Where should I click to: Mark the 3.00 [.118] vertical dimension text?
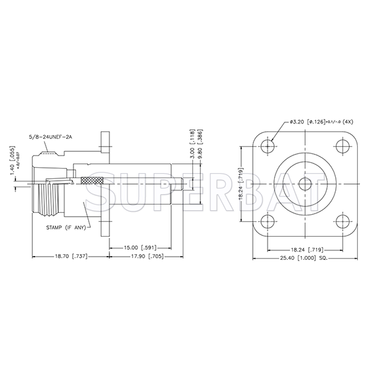point(192,141)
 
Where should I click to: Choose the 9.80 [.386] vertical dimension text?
point(201,141)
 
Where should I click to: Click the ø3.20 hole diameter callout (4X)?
point(320,122)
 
